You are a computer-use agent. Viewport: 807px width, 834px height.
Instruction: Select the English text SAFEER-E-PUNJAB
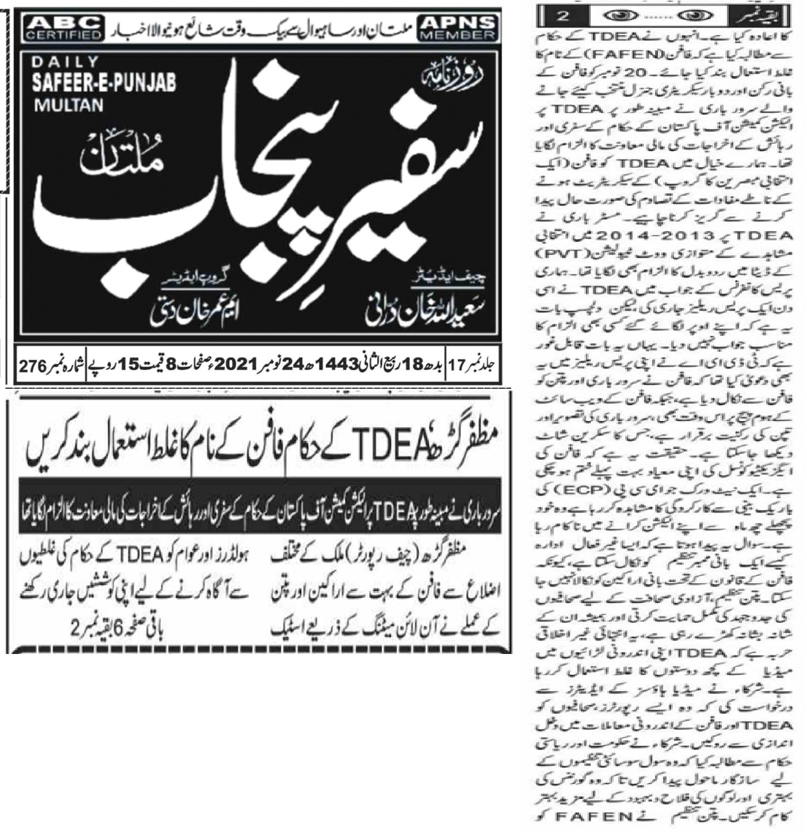point(104,83)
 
